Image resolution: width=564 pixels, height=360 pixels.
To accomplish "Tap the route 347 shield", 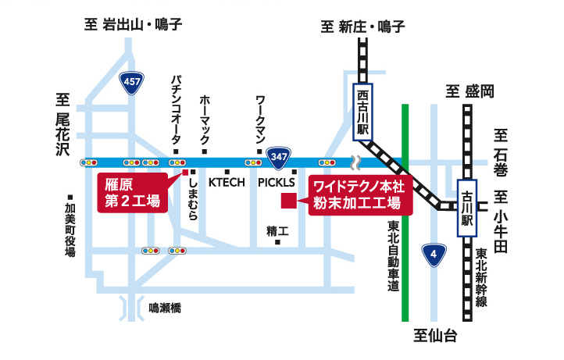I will tap(277, 155).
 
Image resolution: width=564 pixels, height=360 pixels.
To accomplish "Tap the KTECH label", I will tap(227, 182).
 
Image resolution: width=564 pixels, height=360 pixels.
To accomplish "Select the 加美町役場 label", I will tap(70, 230).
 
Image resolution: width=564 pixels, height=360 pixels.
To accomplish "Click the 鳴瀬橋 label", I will tap(165, 309).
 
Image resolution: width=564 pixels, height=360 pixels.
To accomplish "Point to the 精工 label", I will tap(277, 231).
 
